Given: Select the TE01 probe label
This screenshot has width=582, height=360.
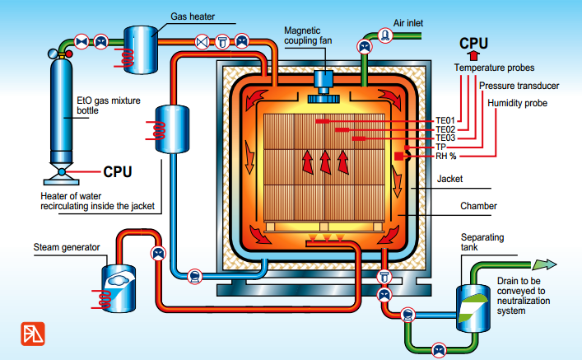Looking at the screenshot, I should (x=445, y=121).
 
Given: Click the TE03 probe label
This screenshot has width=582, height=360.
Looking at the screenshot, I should (x=445, y=138).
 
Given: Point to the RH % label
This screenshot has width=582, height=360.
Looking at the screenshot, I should (x=447, y=155).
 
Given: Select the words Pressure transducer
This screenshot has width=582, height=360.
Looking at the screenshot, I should (x=519, y=86).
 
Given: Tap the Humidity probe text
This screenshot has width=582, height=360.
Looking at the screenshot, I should (x=517, y=103).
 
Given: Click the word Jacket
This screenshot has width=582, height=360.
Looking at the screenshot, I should (x=451, y=178).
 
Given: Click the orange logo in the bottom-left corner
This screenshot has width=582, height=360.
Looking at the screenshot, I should (x=33, y=334).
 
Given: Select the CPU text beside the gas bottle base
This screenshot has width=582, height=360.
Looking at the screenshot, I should (x=118, y=172).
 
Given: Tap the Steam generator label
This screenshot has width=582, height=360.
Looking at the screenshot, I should (x=67, y=246).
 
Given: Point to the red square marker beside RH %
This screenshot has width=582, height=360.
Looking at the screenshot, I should (x=398, y=155).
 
